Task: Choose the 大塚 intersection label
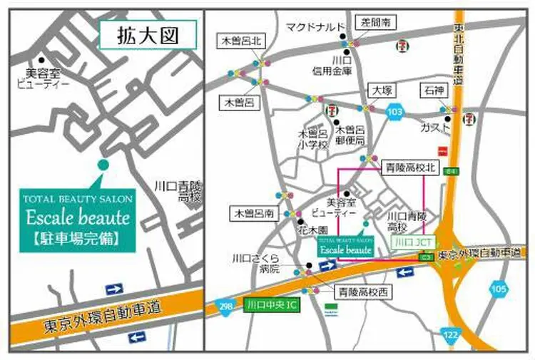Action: point(379,91)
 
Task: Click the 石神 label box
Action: point(433,91)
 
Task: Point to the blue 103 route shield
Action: point(396,112)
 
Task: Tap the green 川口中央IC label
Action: point(270,304)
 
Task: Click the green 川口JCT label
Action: point(414,242)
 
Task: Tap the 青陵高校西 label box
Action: point(360,292)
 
